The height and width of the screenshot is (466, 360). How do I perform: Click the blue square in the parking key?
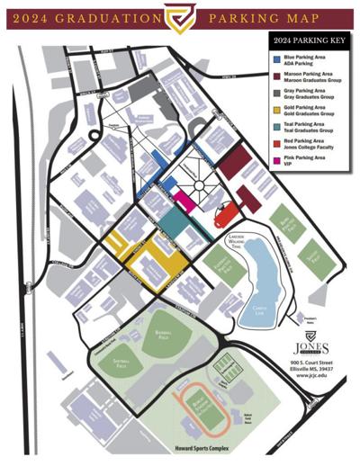tap(276, 59)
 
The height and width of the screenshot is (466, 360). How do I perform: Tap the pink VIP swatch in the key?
tap(276, 160)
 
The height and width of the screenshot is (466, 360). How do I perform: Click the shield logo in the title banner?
tap(179, 15)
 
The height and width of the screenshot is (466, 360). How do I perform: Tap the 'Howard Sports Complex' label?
tap(180, 447)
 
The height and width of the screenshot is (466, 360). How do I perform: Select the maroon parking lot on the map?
tap(235, 165)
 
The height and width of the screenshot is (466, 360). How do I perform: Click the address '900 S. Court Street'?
tap(307, 363)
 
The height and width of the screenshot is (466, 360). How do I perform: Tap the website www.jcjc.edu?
tap(307, 379)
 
